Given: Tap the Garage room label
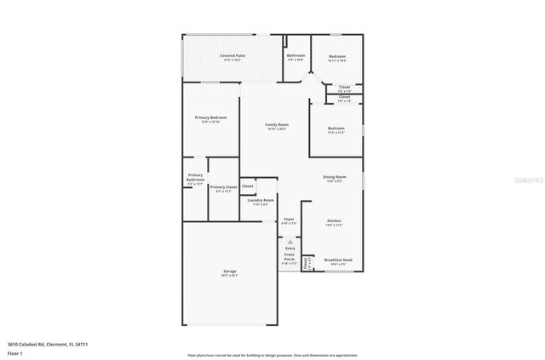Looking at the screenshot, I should coord(230,273).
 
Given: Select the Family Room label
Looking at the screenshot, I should coord(278,125).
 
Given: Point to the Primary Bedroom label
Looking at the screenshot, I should coord(210,117).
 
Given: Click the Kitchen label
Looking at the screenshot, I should coord(335,220).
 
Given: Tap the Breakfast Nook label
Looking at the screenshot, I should coord(338,260).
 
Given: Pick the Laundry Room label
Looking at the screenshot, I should coord(261,200).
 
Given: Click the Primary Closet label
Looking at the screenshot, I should coord(223,186).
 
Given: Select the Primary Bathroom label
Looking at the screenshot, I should coord(196,177).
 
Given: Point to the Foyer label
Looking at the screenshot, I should coord(289,220).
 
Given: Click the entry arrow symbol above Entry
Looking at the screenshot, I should coord(290,242).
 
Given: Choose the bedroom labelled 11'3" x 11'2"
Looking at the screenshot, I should coord(336,129).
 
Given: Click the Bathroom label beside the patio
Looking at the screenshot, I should coord(295,55).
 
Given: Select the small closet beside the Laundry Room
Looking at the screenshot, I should coord(248,186).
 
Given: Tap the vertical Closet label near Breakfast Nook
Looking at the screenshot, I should coord(307,263).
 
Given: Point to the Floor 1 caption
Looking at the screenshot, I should coord(14,352).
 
